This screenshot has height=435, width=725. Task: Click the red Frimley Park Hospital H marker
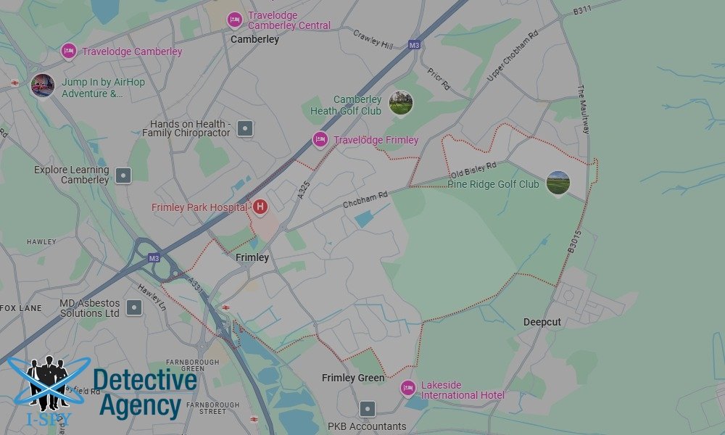coord(260,207)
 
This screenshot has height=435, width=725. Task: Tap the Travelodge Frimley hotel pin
coord(320,139)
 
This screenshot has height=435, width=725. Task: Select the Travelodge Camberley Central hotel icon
coord(234,20)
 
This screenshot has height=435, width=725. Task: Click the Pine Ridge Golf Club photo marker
coord(558,183)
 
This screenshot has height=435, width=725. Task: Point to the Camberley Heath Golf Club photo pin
coord(400,103)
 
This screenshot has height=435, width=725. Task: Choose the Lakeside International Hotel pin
coord(408,389)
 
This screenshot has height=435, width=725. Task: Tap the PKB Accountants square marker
coord(368,409)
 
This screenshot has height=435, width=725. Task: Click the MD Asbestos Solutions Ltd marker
coord(133,307)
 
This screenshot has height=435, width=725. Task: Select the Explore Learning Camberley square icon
coord(124,175)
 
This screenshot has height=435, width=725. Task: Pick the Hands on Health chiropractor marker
coord(246,129)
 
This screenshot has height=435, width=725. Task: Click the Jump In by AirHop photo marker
coord(43,86)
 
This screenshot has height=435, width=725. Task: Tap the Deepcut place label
coord(542,322)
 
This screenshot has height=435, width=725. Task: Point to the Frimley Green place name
coord(353,378)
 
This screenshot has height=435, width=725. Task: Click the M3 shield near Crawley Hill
coord(414,45)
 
